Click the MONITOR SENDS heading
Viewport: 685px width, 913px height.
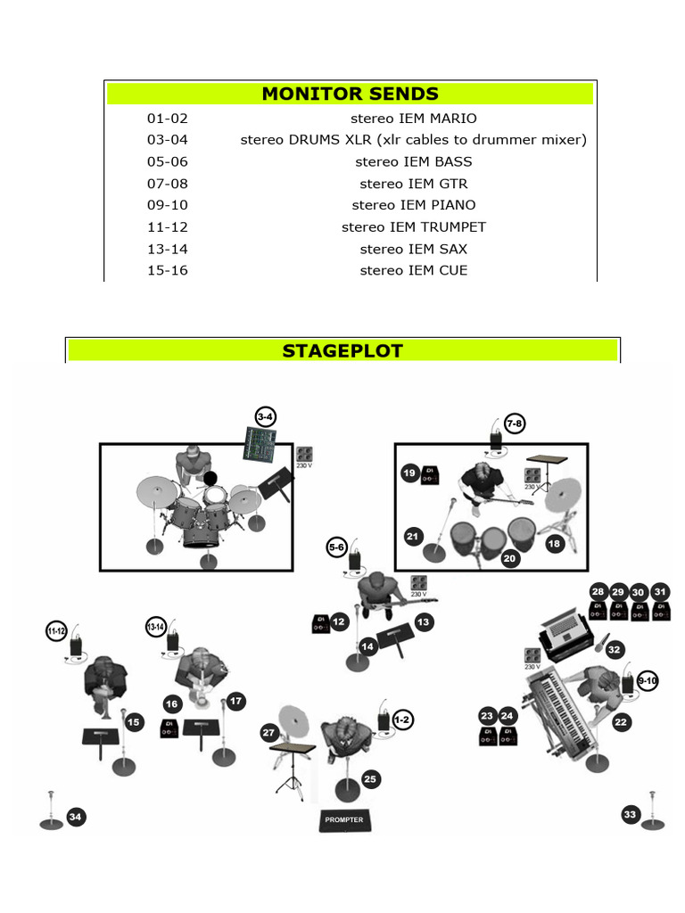(x=350, y=94)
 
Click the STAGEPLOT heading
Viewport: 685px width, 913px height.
(x=342, y=350)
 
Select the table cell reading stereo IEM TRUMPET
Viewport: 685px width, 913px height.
(x=413, y=227)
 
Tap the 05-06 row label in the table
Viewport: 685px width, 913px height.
(x=168, y=162)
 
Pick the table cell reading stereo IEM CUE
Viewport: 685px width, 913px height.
(x=413, y=270)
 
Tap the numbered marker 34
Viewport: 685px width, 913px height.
(x=76, y=817)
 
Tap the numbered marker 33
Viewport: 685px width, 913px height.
(x=631, y=814)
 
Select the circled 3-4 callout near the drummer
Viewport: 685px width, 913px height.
(x=265, y=417)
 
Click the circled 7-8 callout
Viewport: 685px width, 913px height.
(x=514, y=424)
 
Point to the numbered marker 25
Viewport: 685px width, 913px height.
(x=371, y=779)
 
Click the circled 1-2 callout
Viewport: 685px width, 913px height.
(x=402, y=719)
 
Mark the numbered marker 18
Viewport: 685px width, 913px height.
(x=555, y=543)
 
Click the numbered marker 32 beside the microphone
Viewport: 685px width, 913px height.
(x=614, y=650)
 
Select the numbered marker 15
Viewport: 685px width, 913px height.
(x=134, y=722)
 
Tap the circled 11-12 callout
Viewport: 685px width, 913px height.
(x=55, y=631)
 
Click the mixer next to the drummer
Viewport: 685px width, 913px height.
(x=260, y=443)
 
